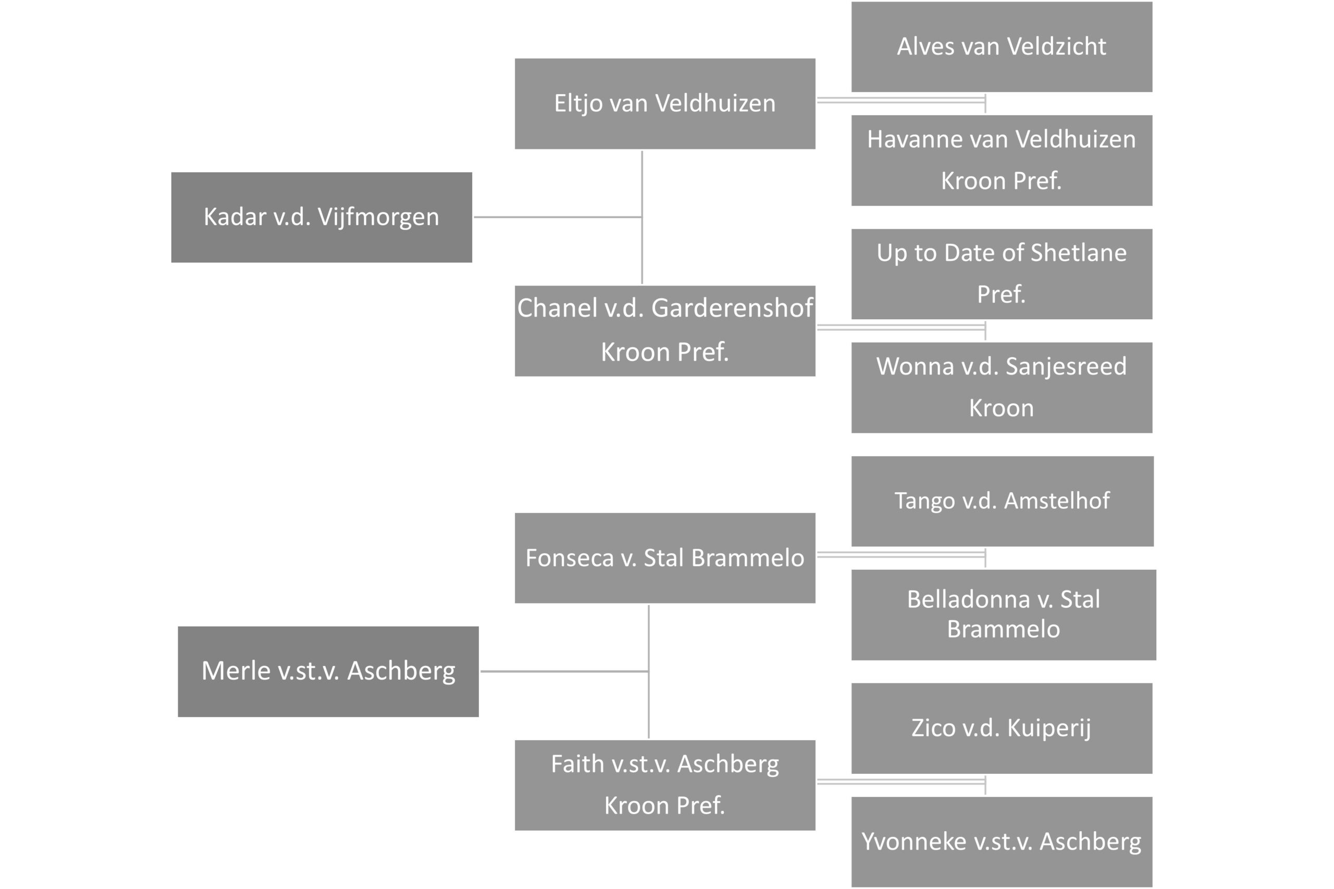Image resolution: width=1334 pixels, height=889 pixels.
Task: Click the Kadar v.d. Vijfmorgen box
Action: (x=322, y=217)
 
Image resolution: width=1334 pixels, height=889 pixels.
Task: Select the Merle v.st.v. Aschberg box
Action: (x=328, y=672)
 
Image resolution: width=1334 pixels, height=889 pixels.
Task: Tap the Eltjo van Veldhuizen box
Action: (x=665, y=104)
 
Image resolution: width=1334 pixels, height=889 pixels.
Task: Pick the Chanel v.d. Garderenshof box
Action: (x=665, y=331)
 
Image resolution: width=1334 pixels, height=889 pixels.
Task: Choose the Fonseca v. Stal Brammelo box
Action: (x=665, y=558)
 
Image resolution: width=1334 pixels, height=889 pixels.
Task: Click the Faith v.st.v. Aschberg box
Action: (x=665, y=785)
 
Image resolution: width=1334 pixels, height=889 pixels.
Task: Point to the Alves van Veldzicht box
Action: (x=1002, y=46)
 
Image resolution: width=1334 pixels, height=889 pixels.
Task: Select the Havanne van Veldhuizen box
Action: (x=1002, y=160)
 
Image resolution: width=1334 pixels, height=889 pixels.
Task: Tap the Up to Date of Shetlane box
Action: (x=1002, y=274)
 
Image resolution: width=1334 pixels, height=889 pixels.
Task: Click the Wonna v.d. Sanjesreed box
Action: (x=1002, y=388)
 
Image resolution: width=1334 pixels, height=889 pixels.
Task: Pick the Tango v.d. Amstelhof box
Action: (x=1002, y=501)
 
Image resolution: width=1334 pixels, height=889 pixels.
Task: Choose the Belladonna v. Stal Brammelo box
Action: (x=1003, y=615)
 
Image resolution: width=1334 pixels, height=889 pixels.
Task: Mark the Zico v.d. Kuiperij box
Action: (x=1002, y=729)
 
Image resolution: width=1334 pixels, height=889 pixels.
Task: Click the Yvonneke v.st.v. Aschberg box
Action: (x=1002, y=842)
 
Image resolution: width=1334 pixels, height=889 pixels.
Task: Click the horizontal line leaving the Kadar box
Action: (x=558, y=217)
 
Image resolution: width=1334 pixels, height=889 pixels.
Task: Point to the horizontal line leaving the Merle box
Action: (x=565, y=671)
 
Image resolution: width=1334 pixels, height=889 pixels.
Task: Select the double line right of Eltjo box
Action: (x=901, y=101)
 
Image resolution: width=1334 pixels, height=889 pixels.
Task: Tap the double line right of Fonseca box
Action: (x=901, y=555)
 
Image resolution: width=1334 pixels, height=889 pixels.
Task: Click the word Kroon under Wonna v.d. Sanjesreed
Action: (x=1002, y=408)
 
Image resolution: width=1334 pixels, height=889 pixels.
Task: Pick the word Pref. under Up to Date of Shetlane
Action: (x=1002, y=294)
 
